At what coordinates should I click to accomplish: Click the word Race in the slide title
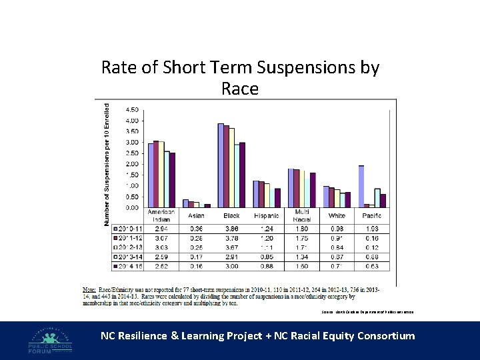[239, 89]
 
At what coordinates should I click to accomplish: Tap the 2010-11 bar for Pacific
[361, 186]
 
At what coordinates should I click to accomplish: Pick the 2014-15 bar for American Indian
[172, 180]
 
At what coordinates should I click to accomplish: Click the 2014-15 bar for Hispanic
[277, 197]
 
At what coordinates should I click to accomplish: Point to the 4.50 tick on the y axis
[132, 109]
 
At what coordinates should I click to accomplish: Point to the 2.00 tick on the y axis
[132, 164]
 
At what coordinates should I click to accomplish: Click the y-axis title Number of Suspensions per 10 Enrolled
[107, 164]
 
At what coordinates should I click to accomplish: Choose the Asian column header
[196, 215]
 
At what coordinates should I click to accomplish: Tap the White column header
[337, 215]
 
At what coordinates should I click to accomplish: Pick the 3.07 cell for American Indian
[161, 238]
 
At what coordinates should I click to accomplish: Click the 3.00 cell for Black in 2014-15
[231, 266]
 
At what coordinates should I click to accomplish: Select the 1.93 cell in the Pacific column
[372, 229]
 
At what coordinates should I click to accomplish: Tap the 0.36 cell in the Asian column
[196, 229]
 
